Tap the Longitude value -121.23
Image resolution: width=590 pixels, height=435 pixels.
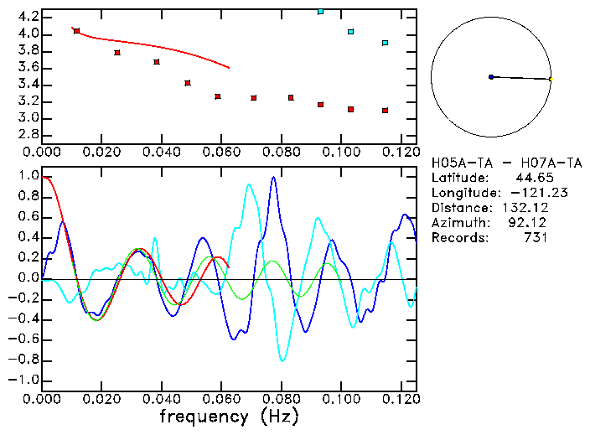tap(516, 192)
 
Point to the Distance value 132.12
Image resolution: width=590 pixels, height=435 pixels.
tap(525, 207)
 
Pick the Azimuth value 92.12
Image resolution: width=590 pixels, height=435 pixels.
tap(530, 222)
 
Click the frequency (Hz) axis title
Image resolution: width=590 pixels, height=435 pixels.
tap(229, 417)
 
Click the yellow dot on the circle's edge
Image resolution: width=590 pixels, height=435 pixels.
tap(551, 79)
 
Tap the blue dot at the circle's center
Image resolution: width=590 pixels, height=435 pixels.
tap(491, 77)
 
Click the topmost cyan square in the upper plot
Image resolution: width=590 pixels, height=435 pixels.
tap(320, 12)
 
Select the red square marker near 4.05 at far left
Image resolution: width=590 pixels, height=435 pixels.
tap(76, 31)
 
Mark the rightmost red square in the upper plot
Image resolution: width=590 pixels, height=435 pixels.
tap(385, 110)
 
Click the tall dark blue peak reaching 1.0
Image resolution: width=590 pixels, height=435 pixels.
tap(273, 179)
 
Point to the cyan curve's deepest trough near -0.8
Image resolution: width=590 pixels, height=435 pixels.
tap(282, 360)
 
